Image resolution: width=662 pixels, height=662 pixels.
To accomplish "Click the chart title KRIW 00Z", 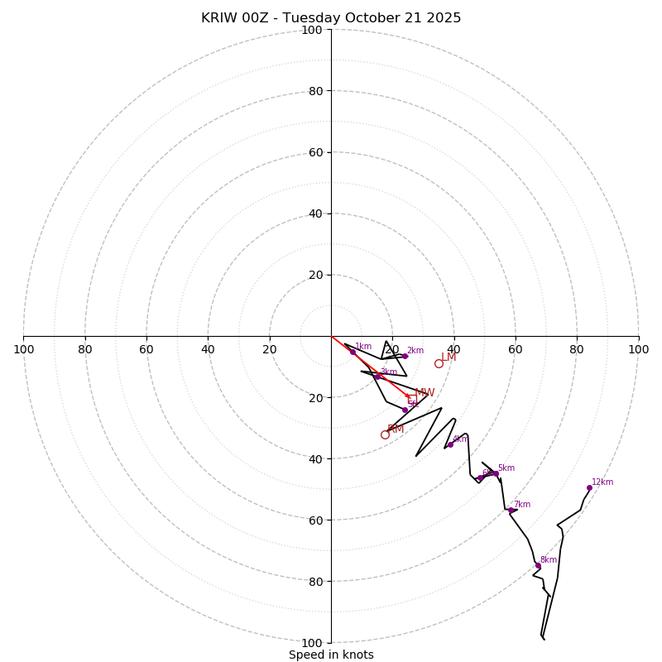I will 331,18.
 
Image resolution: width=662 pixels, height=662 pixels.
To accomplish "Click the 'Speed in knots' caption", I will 331,655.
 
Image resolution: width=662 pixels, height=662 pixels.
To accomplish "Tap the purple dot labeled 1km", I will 353,352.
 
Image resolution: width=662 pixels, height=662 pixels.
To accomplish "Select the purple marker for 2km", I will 405,356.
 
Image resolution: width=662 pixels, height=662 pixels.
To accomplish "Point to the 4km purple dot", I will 450,444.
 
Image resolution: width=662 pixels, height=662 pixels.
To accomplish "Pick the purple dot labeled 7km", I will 511,511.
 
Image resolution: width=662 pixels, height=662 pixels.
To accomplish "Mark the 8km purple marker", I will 538,565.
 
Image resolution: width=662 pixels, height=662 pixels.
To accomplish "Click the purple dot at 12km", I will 589,487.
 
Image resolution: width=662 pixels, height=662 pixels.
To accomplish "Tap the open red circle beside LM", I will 439,363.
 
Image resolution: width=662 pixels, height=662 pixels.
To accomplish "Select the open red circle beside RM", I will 385,434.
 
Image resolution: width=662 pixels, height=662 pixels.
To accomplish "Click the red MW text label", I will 425,393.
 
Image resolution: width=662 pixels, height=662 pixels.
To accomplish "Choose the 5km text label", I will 506,468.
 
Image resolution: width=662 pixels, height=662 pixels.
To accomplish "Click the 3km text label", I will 388,372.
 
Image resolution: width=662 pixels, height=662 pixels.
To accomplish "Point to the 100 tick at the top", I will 311,30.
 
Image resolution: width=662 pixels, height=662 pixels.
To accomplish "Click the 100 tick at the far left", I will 23,349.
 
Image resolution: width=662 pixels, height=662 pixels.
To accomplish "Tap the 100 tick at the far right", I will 639,349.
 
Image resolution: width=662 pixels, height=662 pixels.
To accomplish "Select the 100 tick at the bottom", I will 311,643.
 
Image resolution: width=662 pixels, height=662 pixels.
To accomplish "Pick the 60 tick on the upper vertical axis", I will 314,152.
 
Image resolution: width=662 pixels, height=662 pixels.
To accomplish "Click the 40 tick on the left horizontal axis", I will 208,349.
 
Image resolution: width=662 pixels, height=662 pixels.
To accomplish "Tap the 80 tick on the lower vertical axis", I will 314,582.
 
